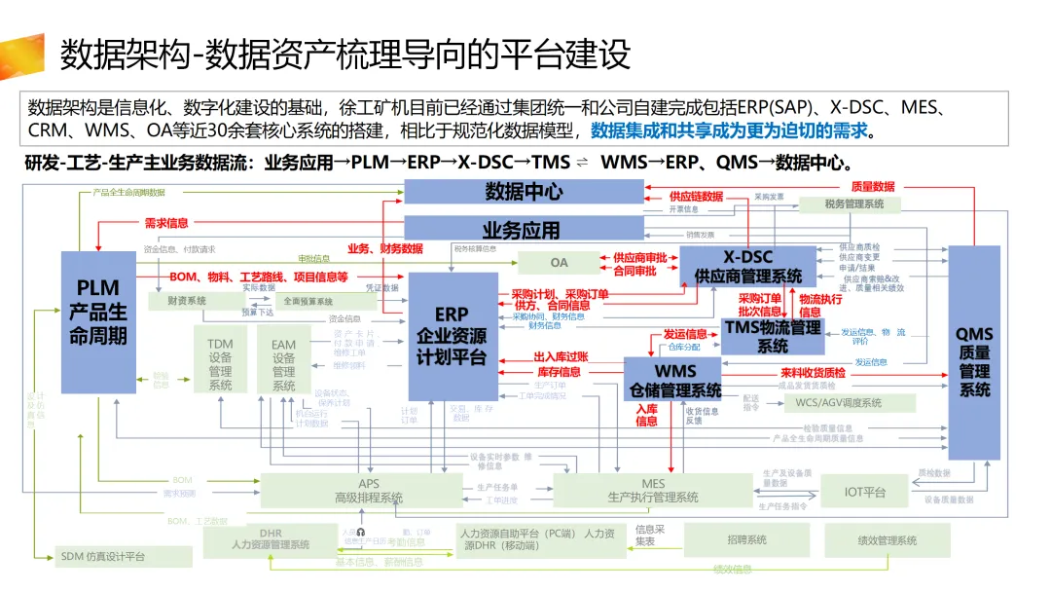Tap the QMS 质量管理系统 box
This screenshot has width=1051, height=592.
973,351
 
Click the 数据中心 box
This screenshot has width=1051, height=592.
524,192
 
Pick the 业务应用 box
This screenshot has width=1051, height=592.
524,230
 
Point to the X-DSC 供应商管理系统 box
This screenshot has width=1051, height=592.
747,267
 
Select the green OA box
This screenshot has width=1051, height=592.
558,262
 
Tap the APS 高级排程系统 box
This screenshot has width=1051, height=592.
369,491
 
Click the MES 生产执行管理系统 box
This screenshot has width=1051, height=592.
653,490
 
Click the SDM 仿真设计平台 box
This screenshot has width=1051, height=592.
102,556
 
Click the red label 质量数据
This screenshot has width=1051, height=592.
872,186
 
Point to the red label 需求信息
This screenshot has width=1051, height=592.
166,223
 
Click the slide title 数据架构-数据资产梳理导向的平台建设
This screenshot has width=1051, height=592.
345,54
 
